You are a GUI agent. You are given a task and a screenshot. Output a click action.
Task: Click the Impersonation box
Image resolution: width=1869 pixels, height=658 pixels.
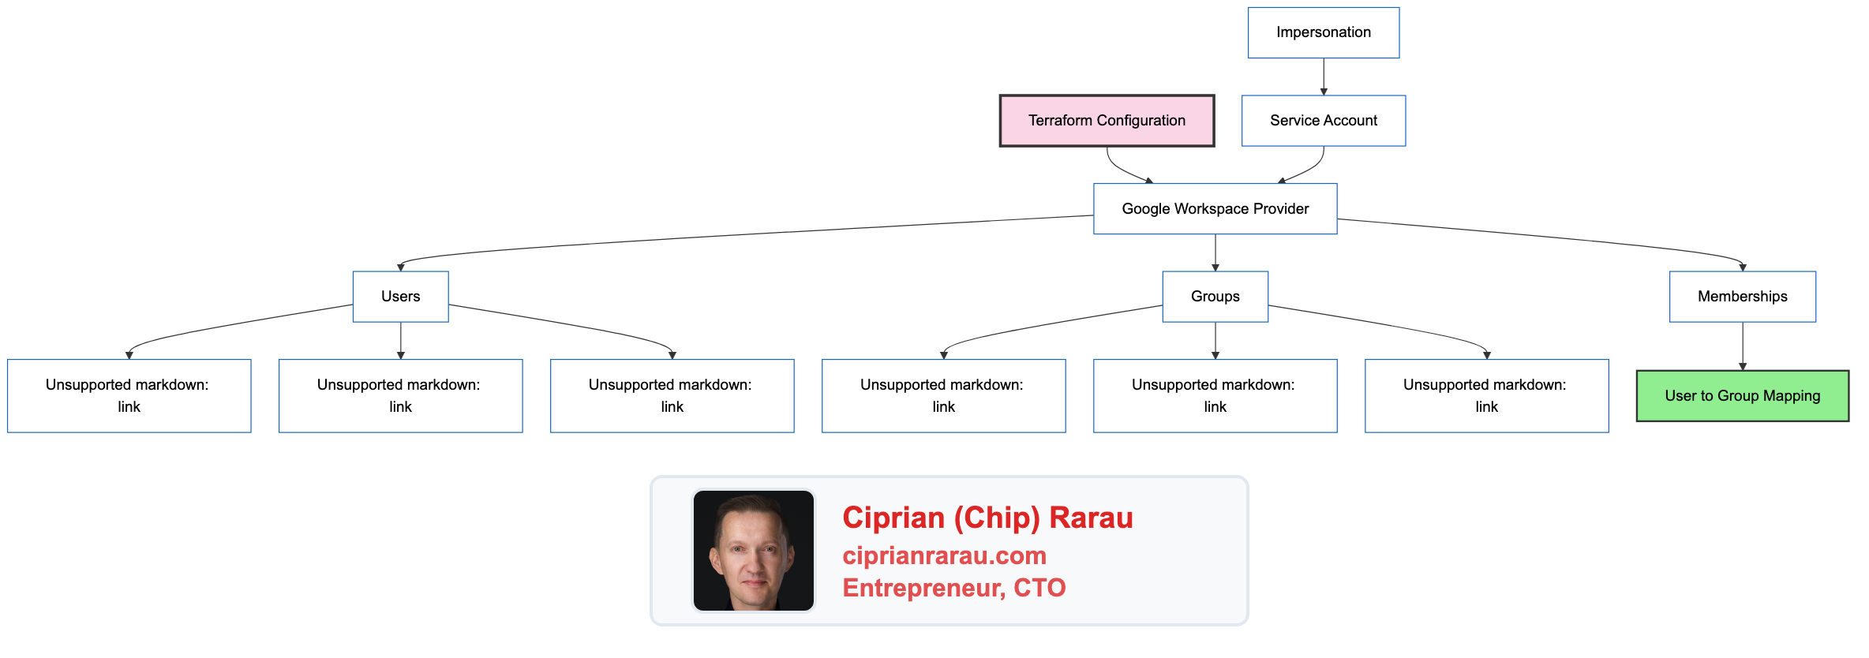tap(1323, 32)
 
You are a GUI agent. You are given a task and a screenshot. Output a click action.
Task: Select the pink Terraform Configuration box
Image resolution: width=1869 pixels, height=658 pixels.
tap(1106, 121)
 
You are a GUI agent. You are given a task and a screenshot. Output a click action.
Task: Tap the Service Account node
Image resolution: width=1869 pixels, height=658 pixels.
tap(1323, 121)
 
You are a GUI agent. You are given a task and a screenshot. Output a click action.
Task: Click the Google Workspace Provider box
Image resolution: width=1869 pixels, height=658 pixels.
tap(1215, 209)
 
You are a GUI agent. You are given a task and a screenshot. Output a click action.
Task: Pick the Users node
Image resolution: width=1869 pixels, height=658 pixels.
tap(400, 297)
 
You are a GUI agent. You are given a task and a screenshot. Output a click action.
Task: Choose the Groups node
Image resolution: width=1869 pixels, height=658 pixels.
tap(1215, 297)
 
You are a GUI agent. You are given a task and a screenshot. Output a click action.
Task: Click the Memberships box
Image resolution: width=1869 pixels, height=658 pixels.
tap(1742, 297)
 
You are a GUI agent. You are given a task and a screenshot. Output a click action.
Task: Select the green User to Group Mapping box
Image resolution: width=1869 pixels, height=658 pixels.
tap(1742, 396)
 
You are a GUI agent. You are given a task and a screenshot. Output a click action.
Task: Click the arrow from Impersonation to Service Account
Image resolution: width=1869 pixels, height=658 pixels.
tap(1324, 77)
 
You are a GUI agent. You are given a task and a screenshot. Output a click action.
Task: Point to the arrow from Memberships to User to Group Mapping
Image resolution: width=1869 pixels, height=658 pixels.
tap(1743, 346)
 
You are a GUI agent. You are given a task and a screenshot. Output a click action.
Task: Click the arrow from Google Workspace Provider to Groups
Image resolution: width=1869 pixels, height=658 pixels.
tap(1215, 252)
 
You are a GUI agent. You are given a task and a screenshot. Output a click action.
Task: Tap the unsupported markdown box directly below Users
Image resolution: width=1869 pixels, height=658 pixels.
tap(400, 396)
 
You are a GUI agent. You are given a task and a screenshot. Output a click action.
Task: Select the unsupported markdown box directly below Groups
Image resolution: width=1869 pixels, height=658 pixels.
tap(1215, 396)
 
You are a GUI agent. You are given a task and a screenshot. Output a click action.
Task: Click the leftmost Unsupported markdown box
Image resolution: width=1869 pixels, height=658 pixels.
tap(129, 396)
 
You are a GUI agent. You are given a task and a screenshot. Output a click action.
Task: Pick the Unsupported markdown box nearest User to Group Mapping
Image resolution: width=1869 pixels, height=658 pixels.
tap(1486, 396)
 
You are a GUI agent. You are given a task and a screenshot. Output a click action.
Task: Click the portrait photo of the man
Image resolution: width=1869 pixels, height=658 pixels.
tap(753, 551)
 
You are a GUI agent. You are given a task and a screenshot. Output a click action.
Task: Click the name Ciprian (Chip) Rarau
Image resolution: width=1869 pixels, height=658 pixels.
tap(987, 518)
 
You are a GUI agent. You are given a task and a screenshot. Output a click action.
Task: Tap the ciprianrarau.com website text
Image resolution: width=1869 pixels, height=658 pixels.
tap(944, 555)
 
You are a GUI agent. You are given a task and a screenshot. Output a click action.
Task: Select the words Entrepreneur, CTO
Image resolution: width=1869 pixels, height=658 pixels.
tap(953, 588)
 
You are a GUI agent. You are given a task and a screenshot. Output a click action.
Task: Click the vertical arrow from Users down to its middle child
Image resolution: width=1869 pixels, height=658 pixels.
tap(401, 340)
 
